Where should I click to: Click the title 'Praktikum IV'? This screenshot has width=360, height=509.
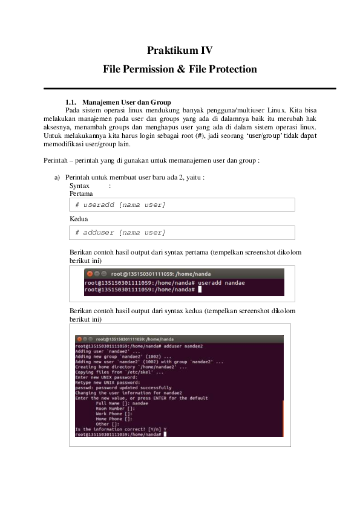(180, 51)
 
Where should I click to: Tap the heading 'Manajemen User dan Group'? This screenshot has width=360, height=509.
(126, 102)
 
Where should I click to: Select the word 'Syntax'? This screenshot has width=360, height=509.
(80, 186)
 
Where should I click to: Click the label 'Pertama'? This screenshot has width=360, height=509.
(81, 193)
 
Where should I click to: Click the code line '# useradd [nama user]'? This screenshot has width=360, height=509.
(120, 205)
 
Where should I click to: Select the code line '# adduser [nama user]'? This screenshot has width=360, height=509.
(120, 233)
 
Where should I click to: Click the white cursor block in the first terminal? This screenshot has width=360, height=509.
(200, 290)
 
